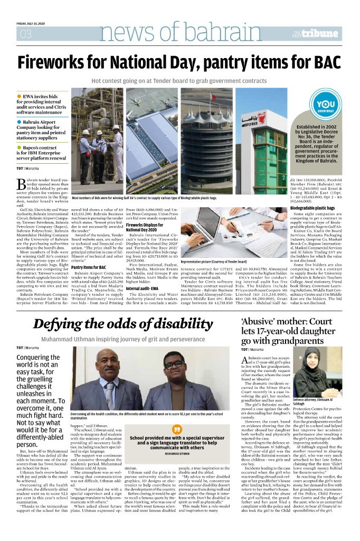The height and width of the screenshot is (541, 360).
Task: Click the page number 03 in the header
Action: tap(25, 35)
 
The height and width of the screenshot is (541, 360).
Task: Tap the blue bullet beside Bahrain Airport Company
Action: tap(20, 122)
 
